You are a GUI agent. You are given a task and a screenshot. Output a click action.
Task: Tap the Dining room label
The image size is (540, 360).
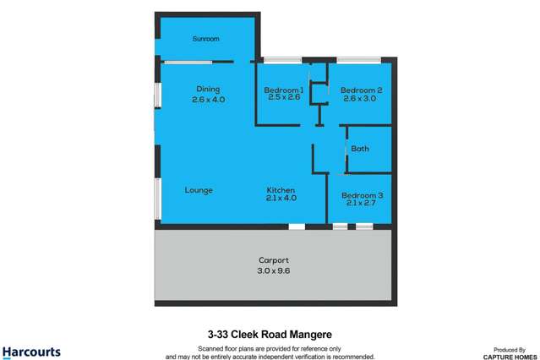click(208, 89)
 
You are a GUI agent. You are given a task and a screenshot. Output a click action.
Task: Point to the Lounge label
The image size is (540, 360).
click(199, 190)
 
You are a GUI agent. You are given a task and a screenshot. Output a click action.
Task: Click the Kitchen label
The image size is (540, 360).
click(281, 190)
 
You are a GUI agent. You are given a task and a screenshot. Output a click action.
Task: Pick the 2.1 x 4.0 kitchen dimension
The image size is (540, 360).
click(281, 199)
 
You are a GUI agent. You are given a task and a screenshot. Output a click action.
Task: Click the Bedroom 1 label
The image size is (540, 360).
click(283, 90)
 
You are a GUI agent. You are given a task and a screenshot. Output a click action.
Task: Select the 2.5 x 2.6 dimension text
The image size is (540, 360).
click(283, 99)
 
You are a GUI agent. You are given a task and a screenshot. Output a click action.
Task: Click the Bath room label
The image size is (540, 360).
click(360, 150)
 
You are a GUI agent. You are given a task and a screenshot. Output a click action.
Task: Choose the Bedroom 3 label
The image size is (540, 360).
click(362, 196)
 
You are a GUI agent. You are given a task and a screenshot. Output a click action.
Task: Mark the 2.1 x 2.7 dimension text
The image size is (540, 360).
click(362, 205)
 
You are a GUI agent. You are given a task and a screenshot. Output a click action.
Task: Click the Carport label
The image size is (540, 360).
click(272, 260)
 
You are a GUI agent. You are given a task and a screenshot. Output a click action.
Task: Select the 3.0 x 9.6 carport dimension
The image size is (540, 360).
click(272, 270)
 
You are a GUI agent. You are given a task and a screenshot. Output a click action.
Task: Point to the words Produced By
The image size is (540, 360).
click(512, 347)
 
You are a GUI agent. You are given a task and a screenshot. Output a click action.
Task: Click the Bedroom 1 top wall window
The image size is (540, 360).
click(281, 61)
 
